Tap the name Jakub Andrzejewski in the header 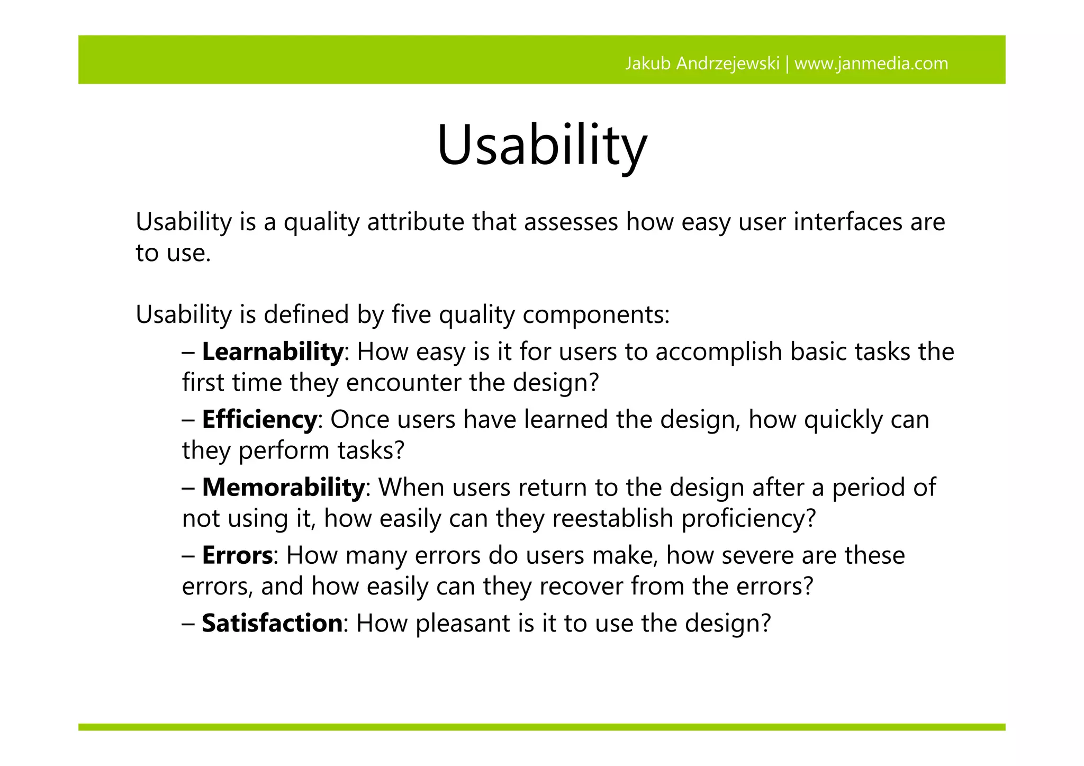702,64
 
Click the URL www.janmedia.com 871,64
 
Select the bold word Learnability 273,352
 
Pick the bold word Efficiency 259,420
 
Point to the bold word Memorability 283,488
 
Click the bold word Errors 237,555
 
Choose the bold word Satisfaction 272,623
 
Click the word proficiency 748,519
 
